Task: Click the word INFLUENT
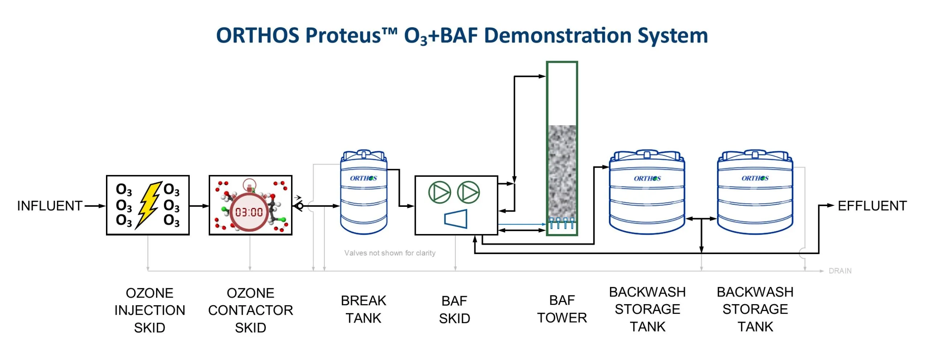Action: click(x=50, y=206)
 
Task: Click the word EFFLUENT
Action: click(x=872, y=206)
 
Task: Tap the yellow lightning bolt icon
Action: click(x=148, y=205)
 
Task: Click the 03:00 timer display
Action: click(x=249, y=212)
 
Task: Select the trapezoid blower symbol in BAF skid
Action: click(x=456, y=219)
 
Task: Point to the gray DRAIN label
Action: click(x=840, y=271)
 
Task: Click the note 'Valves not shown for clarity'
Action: click(x=390, y=253)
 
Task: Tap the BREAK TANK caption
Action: click(x=363, y=309)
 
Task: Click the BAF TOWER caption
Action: click(x=562, y=309)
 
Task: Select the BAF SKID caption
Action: click(x=454, y=310)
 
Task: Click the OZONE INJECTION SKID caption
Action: click(x=150, y=310)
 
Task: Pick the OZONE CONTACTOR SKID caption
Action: click(x=250, y=310)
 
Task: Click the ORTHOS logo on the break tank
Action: click(x=363, y=178)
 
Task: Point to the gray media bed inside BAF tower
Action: click(x=562, y=171)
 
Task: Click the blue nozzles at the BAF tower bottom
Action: click(x=562, y=223)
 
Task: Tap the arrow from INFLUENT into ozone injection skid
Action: click(x=95, y=206)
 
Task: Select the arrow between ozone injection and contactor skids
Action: click(x=199, y=206)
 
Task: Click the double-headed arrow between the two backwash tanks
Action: click(x=701, y=219)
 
